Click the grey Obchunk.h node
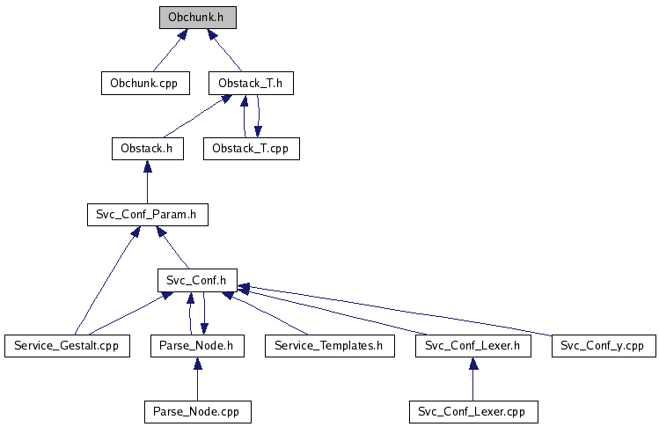(198, 17)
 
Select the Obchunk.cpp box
(143, 83)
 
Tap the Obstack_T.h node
(251, 83)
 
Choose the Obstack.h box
(147, 148)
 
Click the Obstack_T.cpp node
(251, 148)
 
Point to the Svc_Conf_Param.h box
(147, 214)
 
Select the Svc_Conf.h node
(197, 280)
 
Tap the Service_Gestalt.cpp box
(67, 345)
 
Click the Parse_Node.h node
(196, 345)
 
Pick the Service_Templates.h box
(328, 345)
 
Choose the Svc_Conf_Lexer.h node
(473, 345)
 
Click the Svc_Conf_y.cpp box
(604, 345)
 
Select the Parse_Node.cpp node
(197, 411)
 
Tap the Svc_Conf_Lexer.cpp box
(473, 411)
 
